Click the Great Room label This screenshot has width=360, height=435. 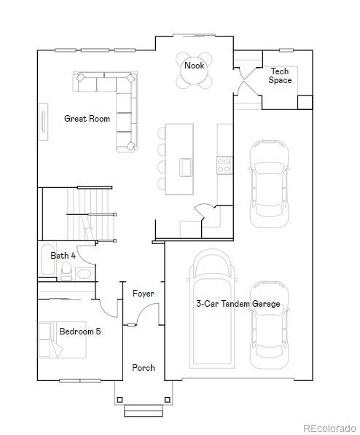(87, 119)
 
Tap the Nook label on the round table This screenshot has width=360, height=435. (195, 66)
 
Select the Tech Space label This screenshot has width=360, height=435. (280, 76)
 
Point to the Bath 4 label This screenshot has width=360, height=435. (63, 256)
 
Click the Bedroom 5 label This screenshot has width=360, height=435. (80, 332)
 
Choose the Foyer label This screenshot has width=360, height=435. (144, 294)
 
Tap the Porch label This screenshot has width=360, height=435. (144, 368)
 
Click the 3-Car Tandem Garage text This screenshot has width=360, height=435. (238, 304)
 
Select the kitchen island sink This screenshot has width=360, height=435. (186, 168)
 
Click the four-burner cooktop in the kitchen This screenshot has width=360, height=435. (224, 165)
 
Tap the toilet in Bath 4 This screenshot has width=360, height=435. (66, 271)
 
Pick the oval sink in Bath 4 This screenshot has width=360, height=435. (84, 274)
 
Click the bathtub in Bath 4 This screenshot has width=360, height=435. (47, 259)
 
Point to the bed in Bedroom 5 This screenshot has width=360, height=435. (62, 340)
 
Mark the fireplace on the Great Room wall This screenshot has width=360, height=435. (43, 122)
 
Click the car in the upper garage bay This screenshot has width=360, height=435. (269, 184)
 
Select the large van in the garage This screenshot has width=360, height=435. (212, 308)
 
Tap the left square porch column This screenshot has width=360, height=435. (120, 400)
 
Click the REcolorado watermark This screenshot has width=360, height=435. (329, 428)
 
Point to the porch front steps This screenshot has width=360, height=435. (144, 410)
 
